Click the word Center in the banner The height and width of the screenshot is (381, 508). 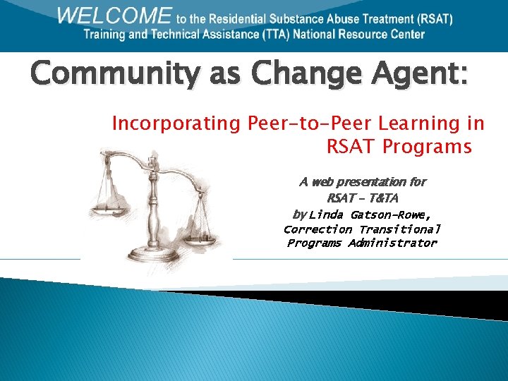[x=406, y=34]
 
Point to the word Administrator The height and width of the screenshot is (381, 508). [x=392, y=243]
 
